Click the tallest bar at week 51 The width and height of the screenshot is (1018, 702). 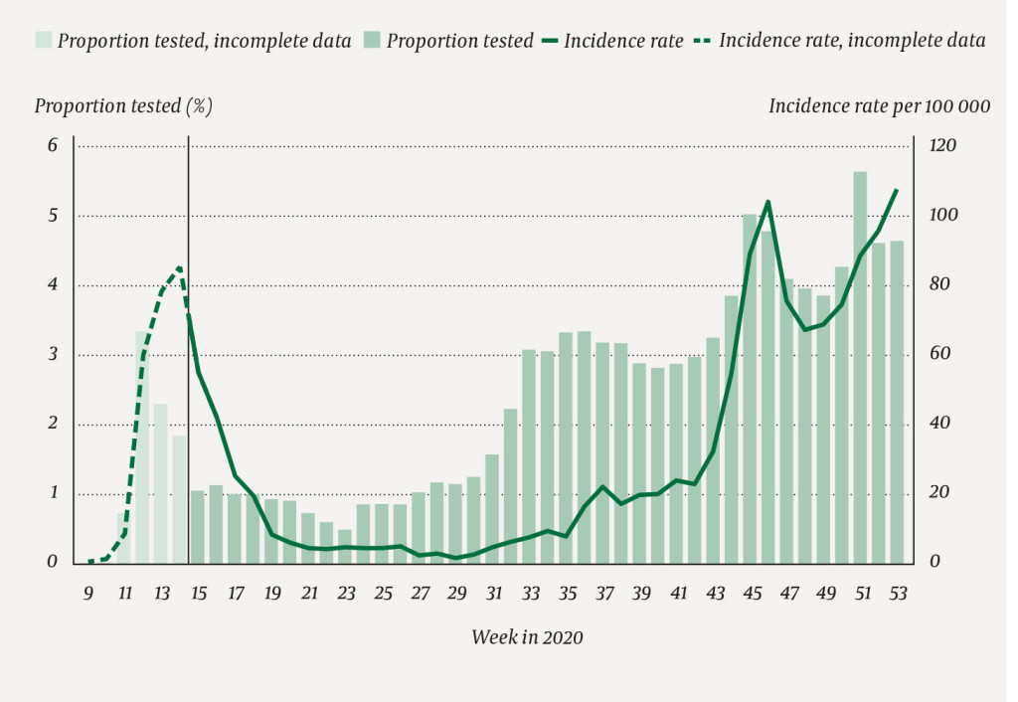click(x=860, y=368)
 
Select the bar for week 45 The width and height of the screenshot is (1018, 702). click(x=750, y=388)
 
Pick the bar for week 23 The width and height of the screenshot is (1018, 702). click(x=345, y=546)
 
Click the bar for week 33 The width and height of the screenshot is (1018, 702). click(x=529, y=456)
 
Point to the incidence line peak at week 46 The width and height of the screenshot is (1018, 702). click(x=767, y=202)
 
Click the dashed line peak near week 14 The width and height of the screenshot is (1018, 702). click(x=179, y=266)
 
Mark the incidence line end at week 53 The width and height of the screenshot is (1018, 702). click(x=897, y=190)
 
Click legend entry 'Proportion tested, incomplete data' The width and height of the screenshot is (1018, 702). click(x=194, y=41)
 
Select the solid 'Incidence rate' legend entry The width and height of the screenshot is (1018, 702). click(x=612, y=41)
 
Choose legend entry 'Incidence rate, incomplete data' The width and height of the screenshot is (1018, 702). click(x=841, y=41)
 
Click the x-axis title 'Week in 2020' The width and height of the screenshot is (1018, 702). click(x=527, y=637)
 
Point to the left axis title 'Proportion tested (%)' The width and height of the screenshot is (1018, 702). click(x=123, y=105)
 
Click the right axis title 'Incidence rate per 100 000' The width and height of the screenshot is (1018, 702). click(x=879, y=105)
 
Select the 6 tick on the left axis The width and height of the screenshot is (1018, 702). click(x=53, y=146)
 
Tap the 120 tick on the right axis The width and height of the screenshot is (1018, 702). click(x=941, y=146)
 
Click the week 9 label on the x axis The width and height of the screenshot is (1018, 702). click(x=88, y=594)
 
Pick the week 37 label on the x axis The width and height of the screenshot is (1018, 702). click(x=603, y=594)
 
